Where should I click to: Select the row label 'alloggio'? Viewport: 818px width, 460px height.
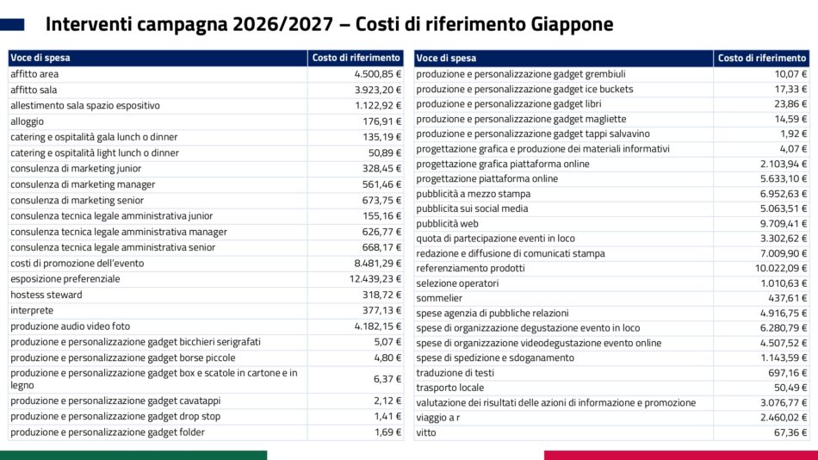point(27,121)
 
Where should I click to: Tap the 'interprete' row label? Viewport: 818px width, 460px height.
point(32,310)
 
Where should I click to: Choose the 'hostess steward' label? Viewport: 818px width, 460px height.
point(46,295)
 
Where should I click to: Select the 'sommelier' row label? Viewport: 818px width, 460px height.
point(439,298)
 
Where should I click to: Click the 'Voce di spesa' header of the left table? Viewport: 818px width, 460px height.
point(40,58)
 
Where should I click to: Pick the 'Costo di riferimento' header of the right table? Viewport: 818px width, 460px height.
point(761,58)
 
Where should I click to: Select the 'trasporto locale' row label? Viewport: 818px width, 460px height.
point(449,388)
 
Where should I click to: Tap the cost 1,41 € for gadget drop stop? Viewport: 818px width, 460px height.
point(388,416)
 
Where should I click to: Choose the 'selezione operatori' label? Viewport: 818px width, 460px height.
point(457,283)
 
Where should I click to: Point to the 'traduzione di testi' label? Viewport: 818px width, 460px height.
point(455,373)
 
